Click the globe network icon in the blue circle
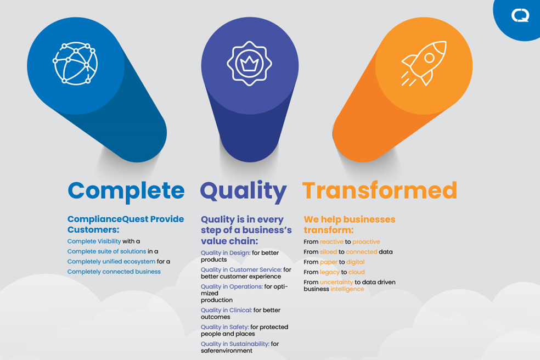[75, 63]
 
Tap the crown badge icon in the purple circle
[250, 63]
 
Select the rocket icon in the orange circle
[424, 63]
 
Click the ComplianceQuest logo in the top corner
[520, 15]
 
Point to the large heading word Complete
[126, 190]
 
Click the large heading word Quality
[243, 191]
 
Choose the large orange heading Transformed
[379, 190]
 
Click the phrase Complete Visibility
[94, 241]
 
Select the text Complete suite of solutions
[107, 251]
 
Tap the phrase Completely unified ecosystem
[111, 262]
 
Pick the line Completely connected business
[114, 272]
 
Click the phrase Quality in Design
[226, 253]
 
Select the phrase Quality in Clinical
[226, 310]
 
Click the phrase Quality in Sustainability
[234, 344]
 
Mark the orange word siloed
[328, 252]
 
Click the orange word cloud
[356, 272]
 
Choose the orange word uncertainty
[336, 283]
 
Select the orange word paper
[328, 262]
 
